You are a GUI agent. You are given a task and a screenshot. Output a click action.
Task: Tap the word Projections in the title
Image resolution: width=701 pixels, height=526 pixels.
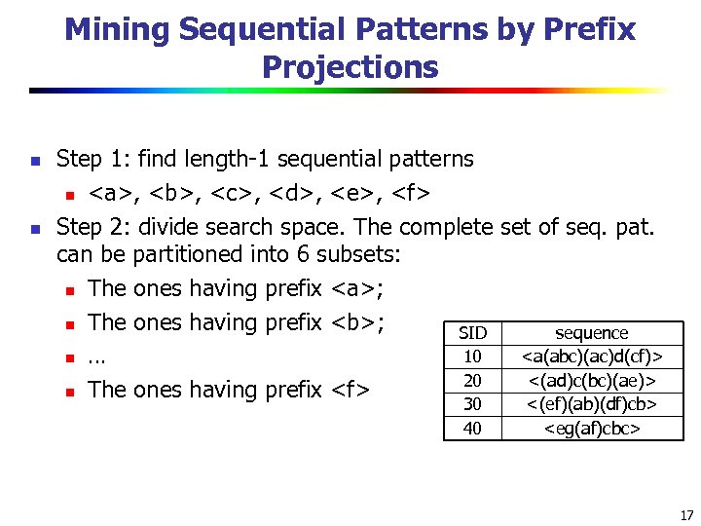tap(350, 67)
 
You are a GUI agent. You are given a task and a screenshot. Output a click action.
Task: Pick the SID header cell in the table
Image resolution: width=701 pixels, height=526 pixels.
tap(472, 333)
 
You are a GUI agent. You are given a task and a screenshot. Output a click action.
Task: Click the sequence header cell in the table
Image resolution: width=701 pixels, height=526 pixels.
tap(591, 333)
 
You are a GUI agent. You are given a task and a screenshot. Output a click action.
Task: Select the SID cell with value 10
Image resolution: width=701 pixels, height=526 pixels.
tap(472, 357)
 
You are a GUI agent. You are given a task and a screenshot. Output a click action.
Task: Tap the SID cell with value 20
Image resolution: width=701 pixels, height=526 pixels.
tap(472, 380)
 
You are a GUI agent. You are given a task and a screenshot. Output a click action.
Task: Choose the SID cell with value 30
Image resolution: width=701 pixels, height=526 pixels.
tap(472, 403)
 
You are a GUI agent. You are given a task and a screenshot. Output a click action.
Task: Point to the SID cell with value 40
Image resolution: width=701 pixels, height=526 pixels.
tap(472, 428)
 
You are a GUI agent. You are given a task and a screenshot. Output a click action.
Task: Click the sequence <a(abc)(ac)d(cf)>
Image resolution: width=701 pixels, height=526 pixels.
tap(592, 357)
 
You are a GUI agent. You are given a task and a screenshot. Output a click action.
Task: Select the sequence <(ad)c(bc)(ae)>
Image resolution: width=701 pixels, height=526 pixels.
tap(592, 380)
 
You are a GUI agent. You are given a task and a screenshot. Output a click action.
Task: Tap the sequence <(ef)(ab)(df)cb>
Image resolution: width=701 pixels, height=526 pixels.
tap(592, 403)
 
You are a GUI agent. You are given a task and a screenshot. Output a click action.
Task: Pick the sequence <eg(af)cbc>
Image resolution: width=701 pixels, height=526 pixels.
tap(592, 428)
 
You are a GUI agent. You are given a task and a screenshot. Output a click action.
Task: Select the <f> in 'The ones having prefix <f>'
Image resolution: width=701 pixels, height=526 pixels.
tap(350, 390)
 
